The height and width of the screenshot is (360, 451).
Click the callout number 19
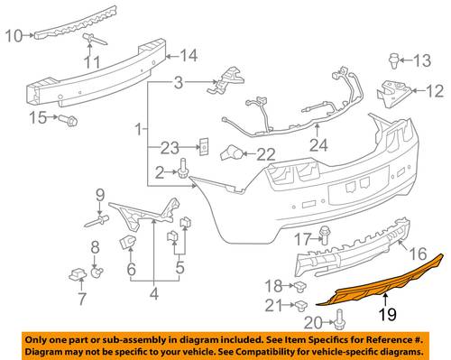point(387,315)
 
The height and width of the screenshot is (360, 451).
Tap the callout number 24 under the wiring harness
point(318,145)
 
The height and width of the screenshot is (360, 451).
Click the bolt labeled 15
point(68,121)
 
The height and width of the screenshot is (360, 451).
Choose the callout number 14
point(189,56)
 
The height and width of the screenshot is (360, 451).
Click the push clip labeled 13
point(394,61)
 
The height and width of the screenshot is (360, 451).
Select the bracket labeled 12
point(393,92)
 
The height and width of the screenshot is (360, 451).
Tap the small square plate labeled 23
point(204,146)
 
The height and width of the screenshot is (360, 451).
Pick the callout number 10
point(14,36)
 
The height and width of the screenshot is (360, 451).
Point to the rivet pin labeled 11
point(95,39)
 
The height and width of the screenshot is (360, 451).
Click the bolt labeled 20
point(339,320)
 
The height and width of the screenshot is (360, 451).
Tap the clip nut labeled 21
point(301,306)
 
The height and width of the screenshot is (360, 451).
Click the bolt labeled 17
point(324,235)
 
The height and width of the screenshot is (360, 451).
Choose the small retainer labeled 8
point(97,272)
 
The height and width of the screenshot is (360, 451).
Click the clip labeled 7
point(78,274)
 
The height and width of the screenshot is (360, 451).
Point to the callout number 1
point(138,130)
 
